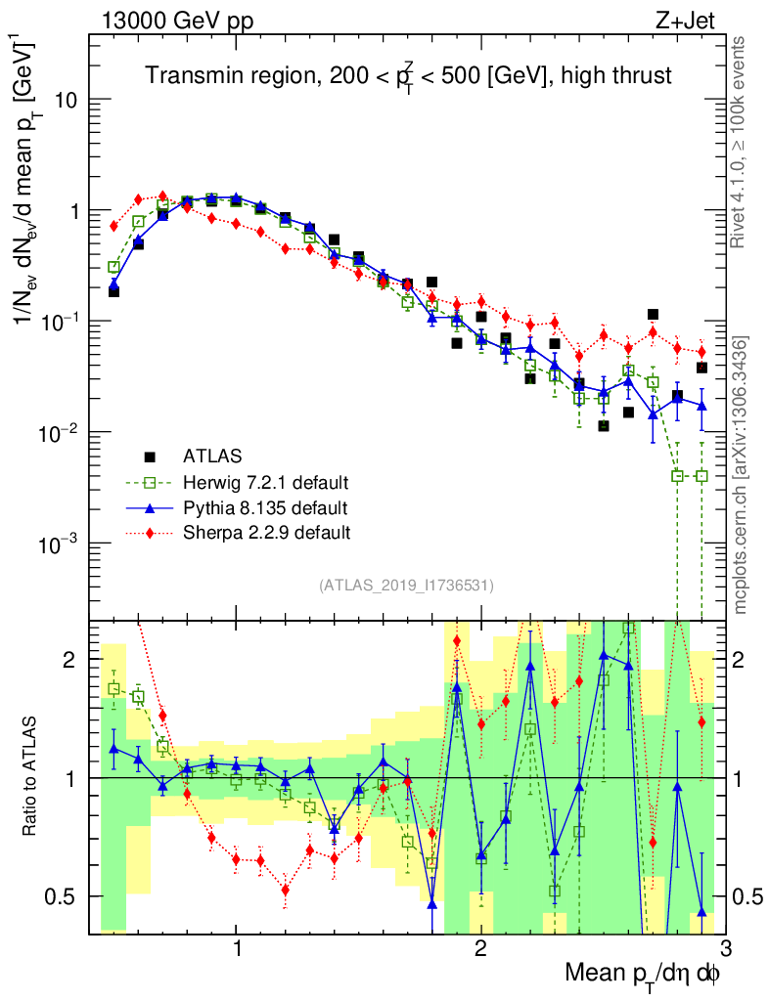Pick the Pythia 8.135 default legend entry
pyautogui.click(x=265, y=507)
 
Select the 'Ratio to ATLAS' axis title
pyautogui.click(x=33, y=777)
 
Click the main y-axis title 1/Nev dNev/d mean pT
pyautogui.click(x=35, y=181)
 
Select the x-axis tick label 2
pyautogui.click(x=480, y=948)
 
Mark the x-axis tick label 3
pyautogui.click(x=724, y=948)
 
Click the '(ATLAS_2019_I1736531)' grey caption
pyautogui.click(x=406, y=586)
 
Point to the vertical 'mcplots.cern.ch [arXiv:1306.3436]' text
pyautogui.click(x=741, y=474)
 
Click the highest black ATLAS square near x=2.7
pyautogui.click(x=653, y=315)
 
